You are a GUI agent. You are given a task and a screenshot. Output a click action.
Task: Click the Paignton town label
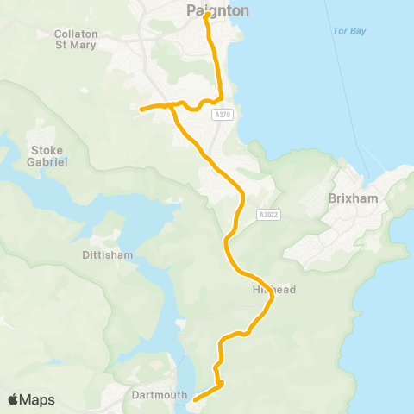(x=217, y=11)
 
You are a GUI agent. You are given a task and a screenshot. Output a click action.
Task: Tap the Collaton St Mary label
(x=76, y=40)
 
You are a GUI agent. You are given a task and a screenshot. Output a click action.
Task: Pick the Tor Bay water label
(x=349, y=31)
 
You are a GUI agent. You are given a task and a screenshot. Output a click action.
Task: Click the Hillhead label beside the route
(x=274, y=290)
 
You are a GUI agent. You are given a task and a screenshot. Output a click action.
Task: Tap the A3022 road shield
(x=268, y=215)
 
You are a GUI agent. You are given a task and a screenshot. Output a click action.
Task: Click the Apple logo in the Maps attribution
(x=13, y=399)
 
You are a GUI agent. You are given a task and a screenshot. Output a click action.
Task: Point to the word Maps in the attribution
(x=38, y=399)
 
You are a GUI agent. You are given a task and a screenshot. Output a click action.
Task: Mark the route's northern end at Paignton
(x=207, y=15)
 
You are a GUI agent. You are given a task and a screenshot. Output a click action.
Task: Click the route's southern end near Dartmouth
(x=194, y=399)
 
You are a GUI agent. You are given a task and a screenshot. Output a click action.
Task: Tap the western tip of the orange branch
(x=141, y=109)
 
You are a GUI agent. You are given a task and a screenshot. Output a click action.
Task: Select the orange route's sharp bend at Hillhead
(x=272, y=298)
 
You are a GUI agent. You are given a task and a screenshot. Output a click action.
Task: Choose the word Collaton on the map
(x=76, y=34)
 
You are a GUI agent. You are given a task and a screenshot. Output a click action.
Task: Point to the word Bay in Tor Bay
(x=358, y=31)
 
